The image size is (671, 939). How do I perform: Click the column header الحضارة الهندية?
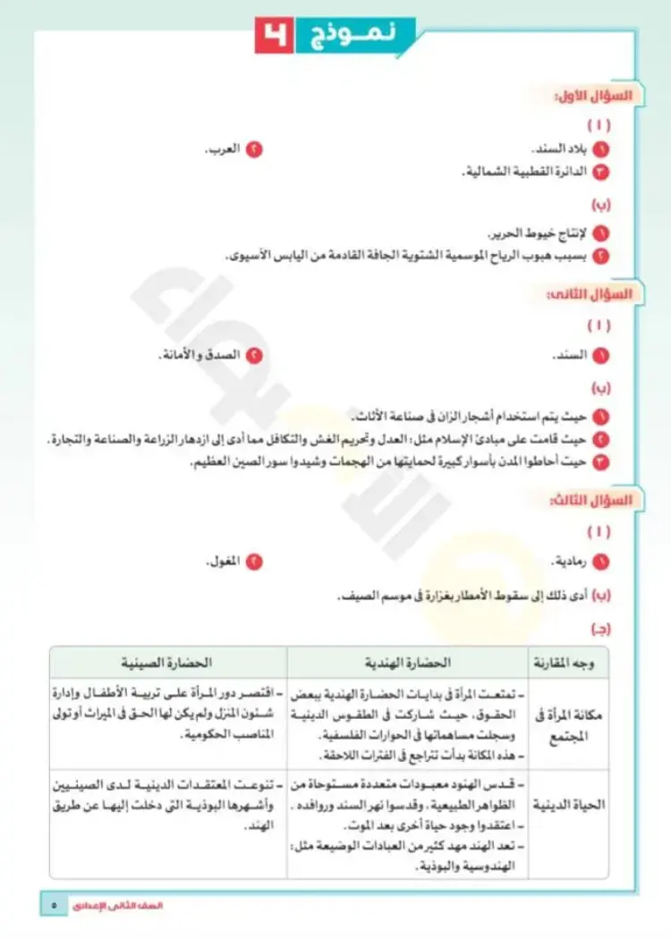click(x=407, y=663)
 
